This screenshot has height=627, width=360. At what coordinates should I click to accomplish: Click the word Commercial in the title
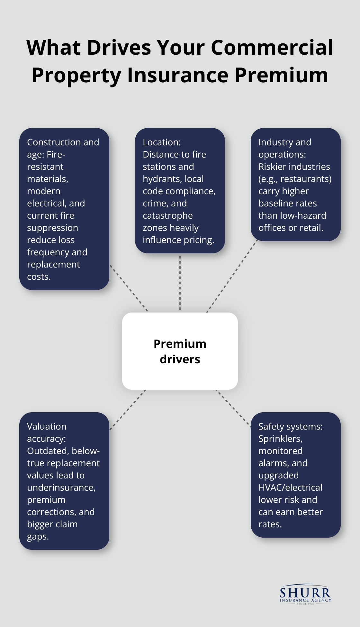tap(272, 48)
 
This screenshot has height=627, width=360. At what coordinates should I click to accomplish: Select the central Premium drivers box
tap(180, 351)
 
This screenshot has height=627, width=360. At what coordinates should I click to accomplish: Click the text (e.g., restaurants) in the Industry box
tap(295, 179)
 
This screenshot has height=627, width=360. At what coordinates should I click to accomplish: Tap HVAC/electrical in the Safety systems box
tap(290, 488)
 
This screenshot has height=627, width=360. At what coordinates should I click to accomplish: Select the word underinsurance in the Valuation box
tap(61, 488)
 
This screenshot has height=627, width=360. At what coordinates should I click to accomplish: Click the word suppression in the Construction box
tap(52, 228)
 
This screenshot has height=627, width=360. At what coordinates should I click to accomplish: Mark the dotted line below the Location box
tap(180, 283)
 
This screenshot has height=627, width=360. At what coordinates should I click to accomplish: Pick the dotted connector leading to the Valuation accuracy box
tap(128, 410)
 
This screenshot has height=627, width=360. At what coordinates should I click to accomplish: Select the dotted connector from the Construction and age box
tap(129, 288)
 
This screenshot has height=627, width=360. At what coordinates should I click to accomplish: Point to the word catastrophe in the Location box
tap(167, 216)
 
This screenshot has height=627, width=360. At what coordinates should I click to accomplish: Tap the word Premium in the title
tap(281, 75)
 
